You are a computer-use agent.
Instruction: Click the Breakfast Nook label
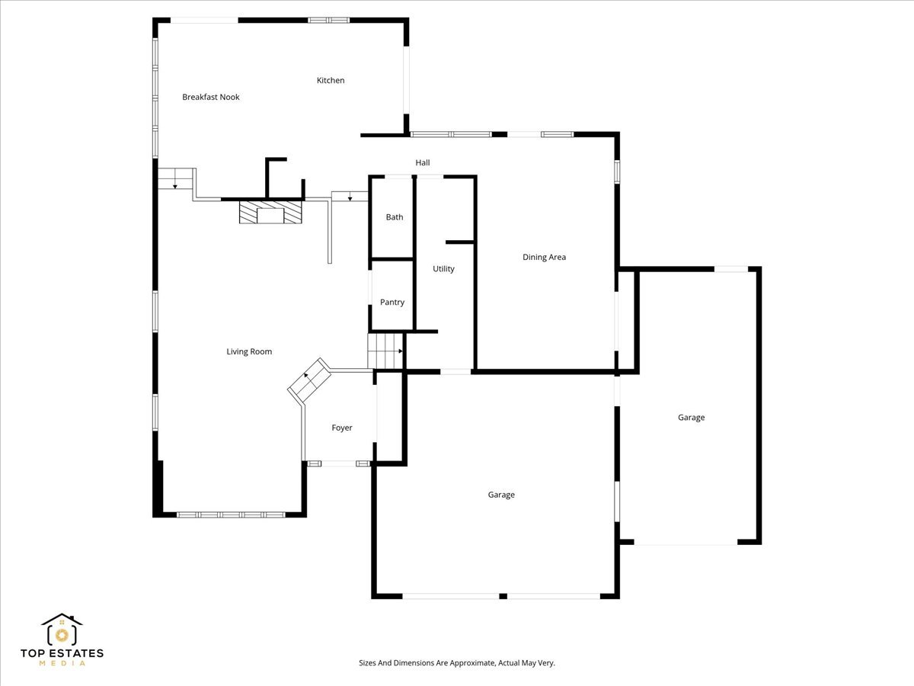(211, 97)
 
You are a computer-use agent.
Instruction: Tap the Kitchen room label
(331, 80)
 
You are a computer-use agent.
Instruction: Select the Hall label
(423, 162)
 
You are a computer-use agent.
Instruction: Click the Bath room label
(395, 217)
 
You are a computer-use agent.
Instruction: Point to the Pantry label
(392, 303)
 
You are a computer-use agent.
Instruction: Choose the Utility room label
(443, 268)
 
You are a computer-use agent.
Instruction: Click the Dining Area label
(544, 257)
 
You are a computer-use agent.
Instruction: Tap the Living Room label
(249, 351)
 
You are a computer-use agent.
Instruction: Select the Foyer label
(342, 428)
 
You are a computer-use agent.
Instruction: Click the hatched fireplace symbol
(270, 213)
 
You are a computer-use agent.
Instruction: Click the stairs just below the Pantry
(385, 351)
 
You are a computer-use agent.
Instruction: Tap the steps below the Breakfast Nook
(176, 179)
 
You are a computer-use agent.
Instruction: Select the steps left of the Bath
(350, 196)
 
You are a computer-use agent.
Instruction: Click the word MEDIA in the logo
(62, 664)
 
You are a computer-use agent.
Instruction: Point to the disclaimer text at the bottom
(457, 663)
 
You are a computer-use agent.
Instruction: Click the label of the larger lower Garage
(501, 495)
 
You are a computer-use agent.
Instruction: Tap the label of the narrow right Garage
(691, 417)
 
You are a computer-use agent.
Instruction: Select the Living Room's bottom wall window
(231, 515)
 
